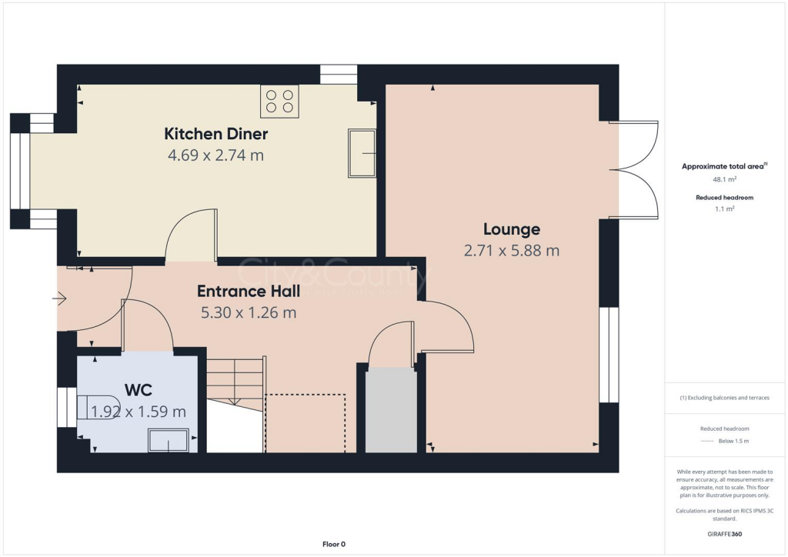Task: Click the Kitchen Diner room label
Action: (215, 134)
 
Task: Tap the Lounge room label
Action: (511, 228)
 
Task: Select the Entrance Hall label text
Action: (247, 292)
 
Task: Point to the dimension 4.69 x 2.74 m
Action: (215, 155)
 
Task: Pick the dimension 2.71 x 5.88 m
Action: (511, 250)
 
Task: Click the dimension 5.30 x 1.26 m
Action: (247, 312)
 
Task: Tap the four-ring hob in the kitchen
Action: (279, 102)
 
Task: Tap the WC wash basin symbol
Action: (167, 441)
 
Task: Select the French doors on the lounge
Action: (639, 170)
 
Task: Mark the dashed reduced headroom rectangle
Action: (305, 422)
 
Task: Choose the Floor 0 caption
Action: (334, 544)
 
